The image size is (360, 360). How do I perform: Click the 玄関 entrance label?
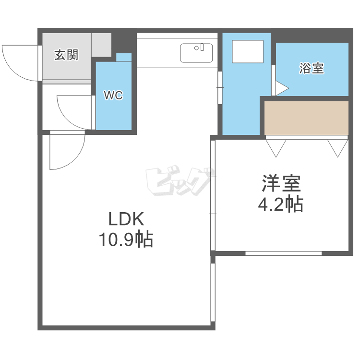66,55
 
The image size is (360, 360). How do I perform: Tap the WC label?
114,96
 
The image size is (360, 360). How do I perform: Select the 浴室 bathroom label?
312,69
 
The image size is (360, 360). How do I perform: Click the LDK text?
125,219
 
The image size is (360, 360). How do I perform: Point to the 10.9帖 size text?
125,239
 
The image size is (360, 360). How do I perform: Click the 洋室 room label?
281,184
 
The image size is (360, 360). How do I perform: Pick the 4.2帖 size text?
281,204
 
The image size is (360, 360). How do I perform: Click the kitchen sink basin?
196,53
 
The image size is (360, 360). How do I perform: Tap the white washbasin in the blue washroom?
248,51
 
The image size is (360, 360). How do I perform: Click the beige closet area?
306,118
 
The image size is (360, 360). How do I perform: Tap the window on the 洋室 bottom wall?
283,253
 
